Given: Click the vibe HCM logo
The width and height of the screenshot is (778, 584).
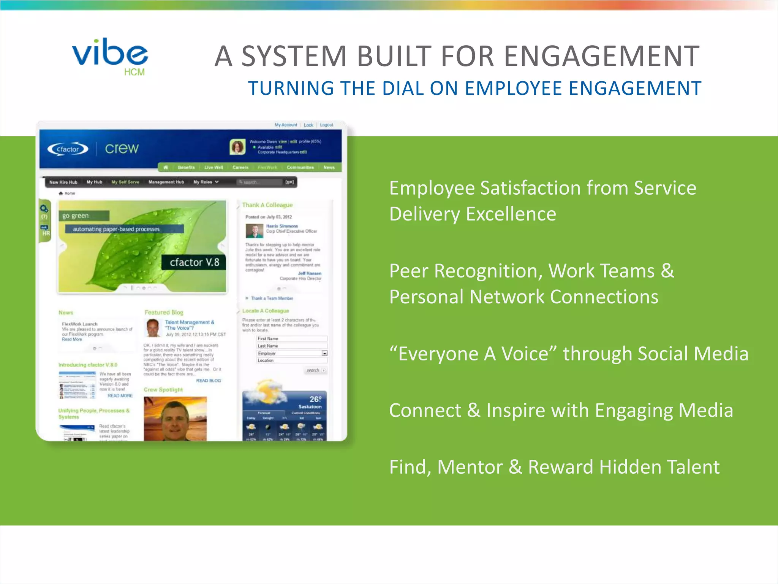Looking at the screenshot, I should (x=110, y=56).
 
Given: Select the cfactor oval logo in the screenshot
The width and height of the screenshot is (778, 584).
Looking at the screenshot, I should (x=68, y=149).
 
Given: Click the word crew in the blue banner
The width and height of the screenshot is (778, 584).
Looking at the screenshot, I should (x=122, y=148).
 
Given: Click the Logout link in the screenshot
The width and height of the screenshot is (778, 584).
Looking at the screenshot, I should (x=326, y=125).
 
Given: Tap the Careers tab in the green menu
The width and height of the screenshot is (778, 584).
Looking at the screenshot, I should (x=240, y=167).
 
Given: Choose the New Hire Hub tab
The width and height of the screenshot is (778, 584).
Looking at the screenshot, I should (x=63, y=182).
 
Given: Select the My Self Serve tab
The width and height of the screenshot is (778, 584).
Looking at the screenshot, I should (x=125, y=182).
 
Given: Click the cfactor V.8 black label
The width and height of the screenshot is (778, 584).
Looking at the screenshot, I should (x=194, y=262).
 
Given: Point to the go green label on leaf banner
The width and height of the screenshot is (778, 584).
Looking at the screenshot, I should (x=76, y=216).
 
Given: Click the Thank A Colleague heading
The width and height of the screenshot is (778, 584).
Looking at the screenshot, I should (x=267, y=205).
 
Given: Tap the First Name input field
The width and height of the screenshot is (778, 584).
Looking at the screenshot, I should (x=291, y=338).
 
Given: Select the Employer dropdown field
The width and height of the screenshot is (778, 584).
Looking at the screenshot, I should (x=291, y=353).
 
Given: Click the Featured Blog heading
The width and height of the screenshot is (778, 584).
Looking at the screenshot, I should (x=164, y=312).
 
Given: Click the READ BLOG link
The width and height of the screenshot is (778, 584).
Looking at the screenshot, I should (x=208, y=381).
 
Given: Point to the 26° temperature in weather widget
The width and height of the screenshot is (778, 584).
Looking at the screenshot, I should (x=315, y=399).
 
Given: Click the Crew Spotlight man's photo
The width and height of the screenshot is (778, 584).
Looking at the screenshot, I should (x=175, y=419).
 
